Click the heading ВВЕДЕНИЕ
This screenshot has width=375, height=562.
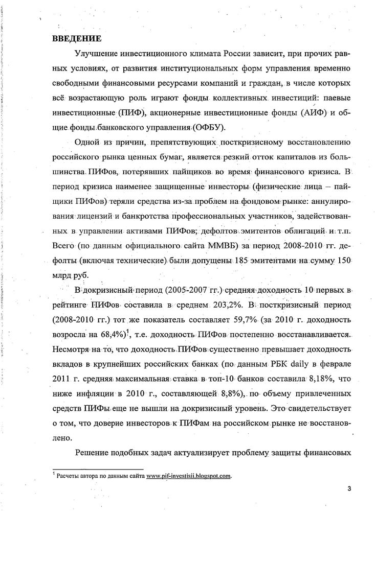click(x=77, y=39)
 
